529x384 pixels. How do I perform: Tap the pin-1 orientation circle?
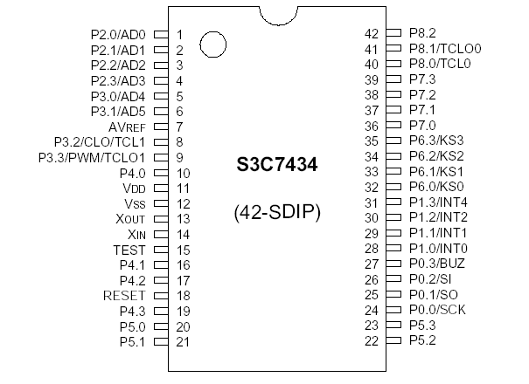click(x=212, y=42)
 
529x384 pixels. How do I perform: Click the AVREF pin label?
click(x=126, y=127)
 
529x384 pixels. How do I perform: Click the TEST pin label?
click(x=128, y=250)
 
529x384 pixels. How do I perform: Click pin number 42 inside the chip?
click(x=371, y=34)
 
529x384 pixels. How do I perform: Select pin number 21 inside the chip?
click(x=183, y=342)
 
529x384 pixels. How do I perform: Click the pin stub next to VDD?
click(x=160, y=189)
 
